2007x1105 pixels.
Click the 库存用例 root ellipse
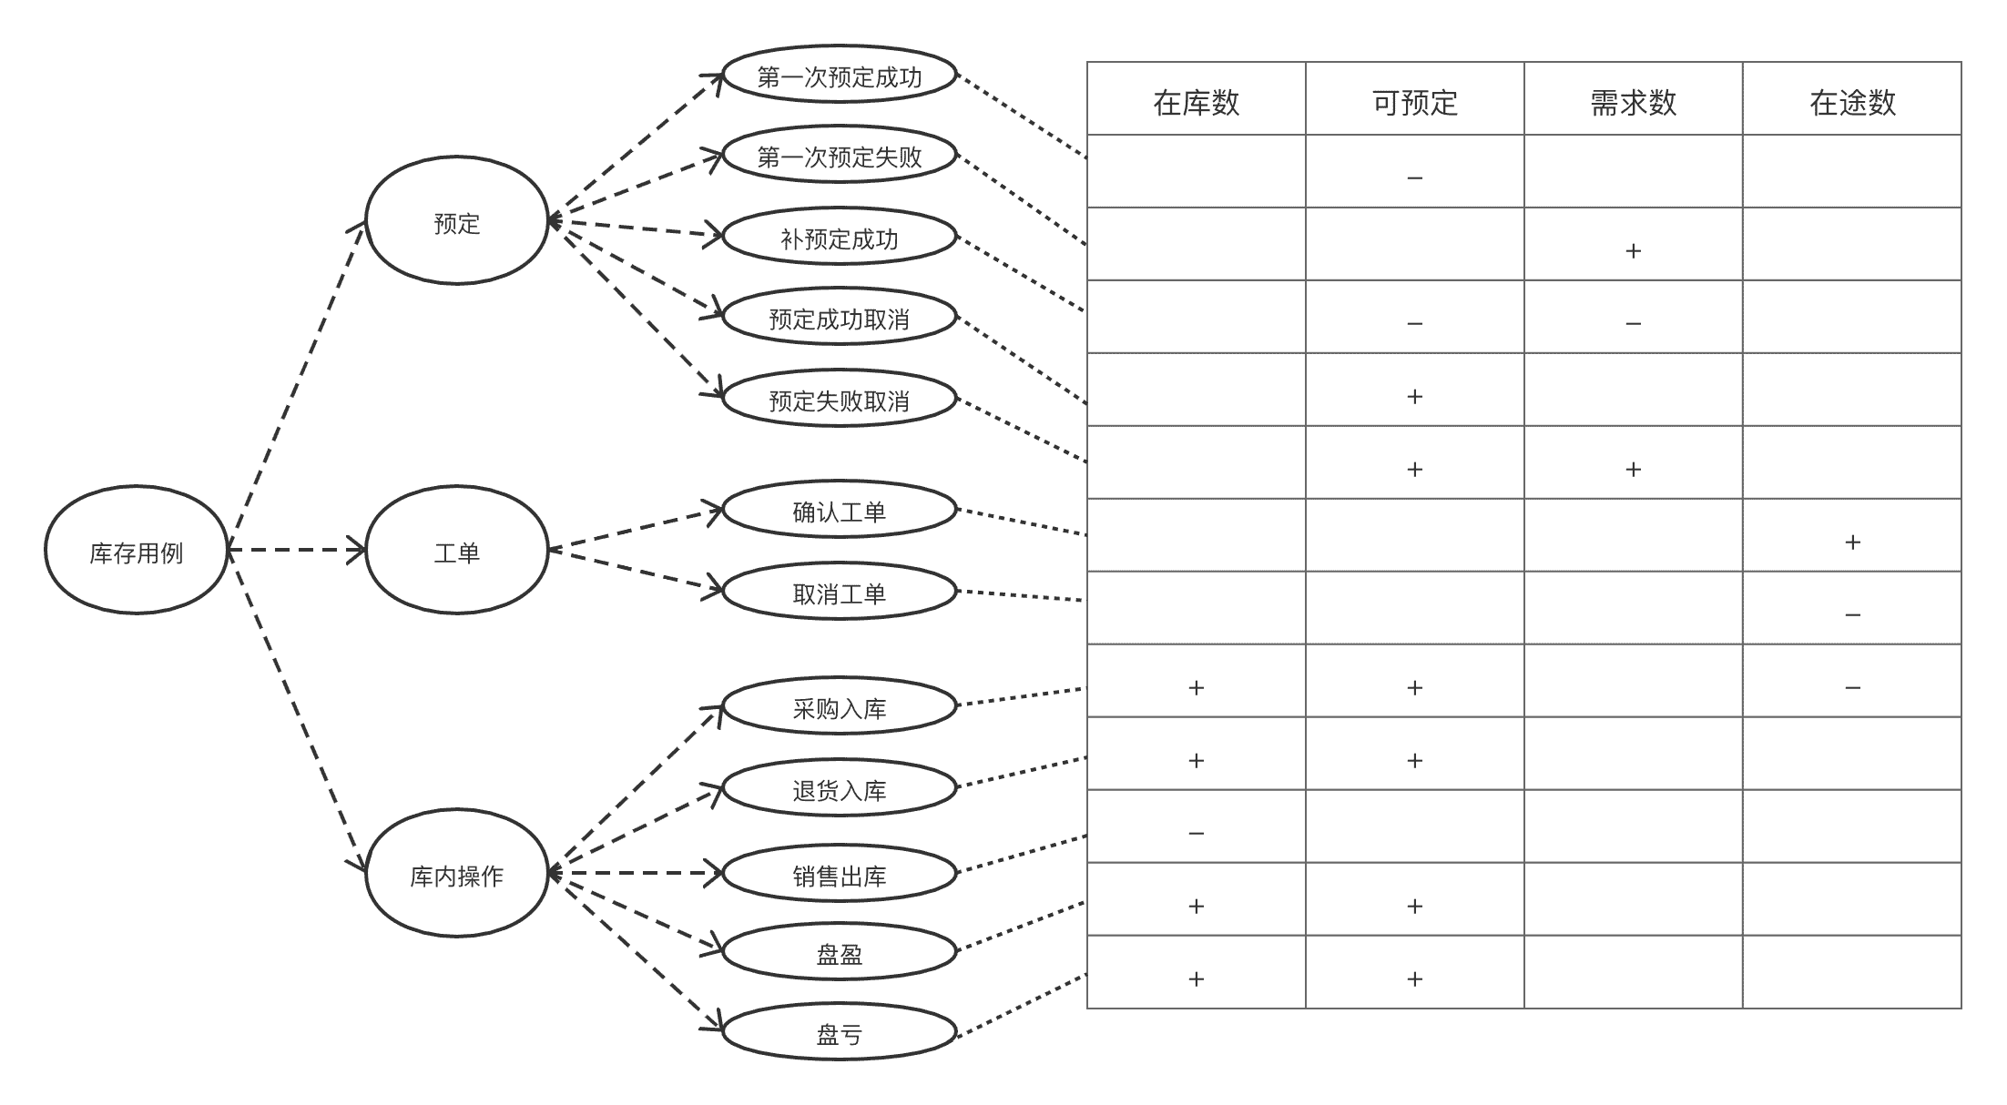[x=137, y=550]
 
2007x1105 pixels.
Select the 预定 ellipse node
[x=457, y=220]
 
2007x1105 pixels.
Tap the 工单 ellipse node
[x=457, y=550]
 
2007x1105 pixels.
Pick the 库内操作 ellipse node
[x=457, y=873]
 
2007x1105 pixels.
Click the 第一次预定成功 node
[x=840, y=75]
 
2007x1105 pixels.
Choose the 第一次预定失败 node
[x=840, y=155]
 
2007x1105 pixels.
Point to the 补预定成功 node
[x=840, y=237]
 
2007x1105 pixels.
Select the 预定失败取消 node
[x=840, y=399]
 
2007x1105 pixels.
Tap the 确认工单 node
[x=840, y=510]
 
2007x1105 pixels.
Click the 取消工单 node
[x=840, y=592]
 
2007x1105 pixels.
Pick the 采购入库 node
[x=840, y=706]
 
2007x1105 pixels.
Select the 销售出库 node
[x=840, y=874]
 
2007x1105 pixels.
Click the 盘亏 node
[x=840, y=1032]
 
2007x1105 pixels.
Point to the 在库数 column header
[x=1197, y=102]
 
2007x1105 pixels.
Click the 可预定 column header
[x=1415, y=102]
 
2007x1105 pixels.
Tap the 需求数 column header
[x=1634, y=102]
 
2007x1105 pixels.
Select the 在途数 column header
[x=1852, y=102]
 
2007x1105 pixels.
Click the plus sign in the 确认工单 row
[x=1852, y=542]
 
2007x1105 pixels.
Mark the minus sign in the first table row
[x=1415, y=178]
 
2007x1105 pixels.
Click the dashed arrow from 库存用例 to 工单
[x=297, y=550]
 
